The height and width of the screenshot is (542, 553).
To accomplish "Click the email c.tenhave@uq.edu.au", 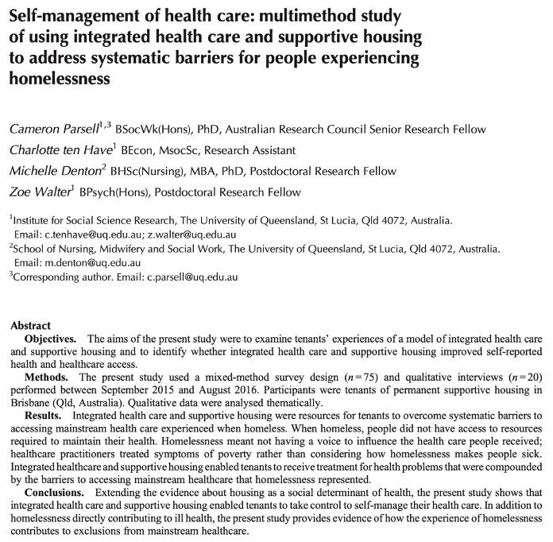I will pos(92,235).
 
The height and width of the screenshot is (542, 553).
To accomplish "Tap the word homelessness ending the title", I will pos(58,79).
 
